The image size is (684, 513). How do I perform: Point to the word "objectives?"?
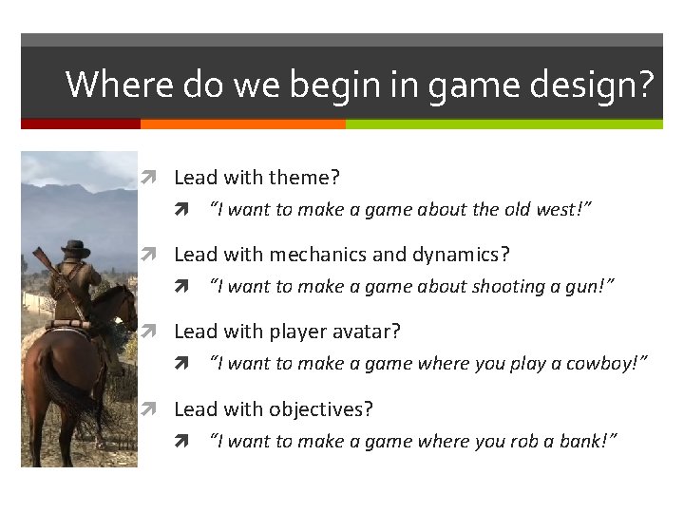pos(321,409)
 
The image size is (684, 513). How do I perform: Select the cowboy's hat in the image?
pos(75,249)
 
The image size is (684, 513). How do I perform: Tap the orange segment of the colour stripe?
pos(242,123)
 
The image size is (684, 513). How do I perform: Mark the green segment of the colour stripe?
pos(503,123)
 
